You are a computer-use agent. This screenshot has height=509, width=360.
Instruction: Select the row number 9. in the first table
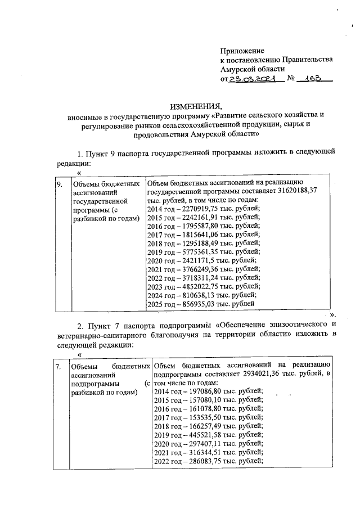[59, 184]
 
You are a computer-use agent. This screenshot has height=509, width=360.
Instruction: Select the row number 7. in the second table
[58, 367]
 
